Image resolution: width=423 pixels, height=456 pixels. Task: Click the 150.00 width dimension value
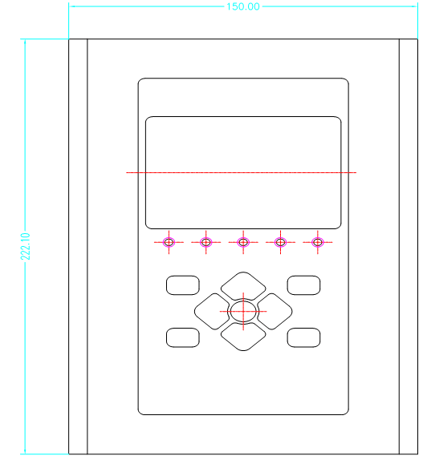pos(243,6)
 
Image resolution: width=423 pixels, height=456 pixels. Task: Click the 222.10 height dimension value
pos(26,246)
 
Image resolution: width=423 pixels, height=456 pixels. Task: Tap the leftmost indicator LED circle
pos(169,242)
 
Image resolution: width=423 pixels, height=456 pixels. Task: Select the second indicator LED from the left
pos(206,242)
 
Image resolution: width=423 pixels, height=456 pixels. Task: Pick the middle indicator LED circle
pos(243,242)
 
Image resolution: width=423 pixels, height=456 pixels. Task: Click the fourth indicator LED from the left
pos(281,242)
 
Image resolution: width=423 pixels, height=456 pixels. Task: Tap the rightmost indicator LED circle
pos(318,242)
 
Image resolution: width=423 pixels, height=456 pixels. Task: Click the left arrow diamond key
pos(212,312)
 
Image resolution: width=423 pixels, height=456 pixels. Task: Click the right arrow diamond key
pos(275,312)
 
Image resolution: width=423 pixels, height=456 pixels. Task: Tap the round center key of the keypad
pos(243,312)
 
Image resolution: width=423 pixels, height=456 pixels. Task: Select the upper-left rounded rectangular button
pos(183,285)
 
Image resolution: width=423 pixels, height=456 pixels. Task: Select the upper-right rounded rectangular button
pos(303,285)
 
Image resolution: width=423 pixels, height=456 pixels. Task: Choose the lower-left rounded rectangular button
pos(183,337)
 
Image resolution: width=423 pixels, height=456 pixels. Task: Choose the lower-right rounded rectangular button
pos(303,337)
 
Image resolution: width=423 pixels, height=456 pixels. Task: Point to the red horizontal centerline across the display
pos(242,173)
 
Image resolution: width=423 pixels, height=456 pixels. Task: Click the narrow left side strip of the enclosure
pos(78,246)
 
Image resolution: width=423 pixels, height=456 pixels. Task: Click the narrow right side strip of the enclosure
pos(409,246)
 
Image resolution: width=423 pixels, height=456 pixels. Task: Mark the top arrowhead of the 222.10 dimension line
pos(25,40)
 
